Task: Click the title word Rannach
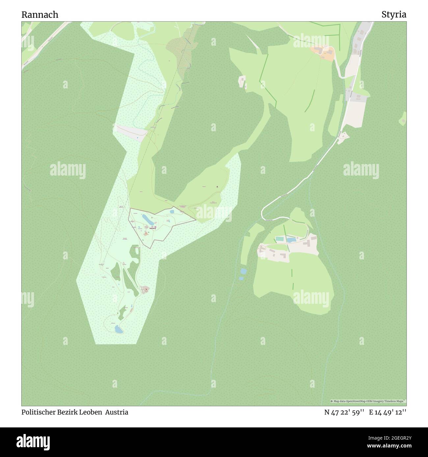pos(40,15)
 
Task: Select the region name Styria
pos(394,15)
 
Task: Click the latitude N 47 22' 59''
pos(344,412)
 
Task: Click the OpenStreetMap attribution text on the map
pos(368,401)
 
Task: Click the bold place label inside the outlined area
pos(152,228)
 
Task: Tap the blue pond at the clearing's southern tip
pos(119,330)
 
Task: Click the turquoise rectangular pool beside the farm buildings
pos(279,238)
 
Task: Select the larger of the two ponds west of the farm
pos(243,271)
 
